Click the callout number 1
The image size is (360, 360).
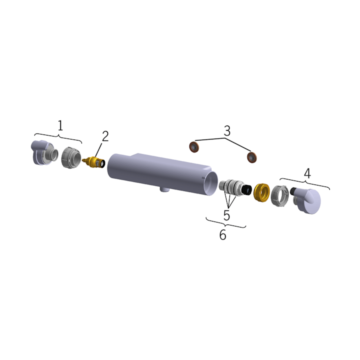(x=60, y=125)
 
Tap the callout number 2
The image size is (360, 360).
(x=105, y=136)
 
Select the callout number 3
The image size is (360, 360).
(x=227, y=130)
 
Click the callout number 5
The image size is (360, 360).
(x=226, y=215)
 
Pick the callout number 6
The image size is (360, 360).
(x=222, y=234)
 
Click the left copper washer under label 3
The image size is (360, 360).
(x=194, y=147)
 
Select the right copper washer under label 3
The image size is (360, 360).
(x=252, y=157)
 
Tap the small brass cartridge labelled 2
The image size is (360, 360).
(x=93, y=162)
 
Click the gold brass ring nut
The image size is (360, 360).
(x=261, y=192)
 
